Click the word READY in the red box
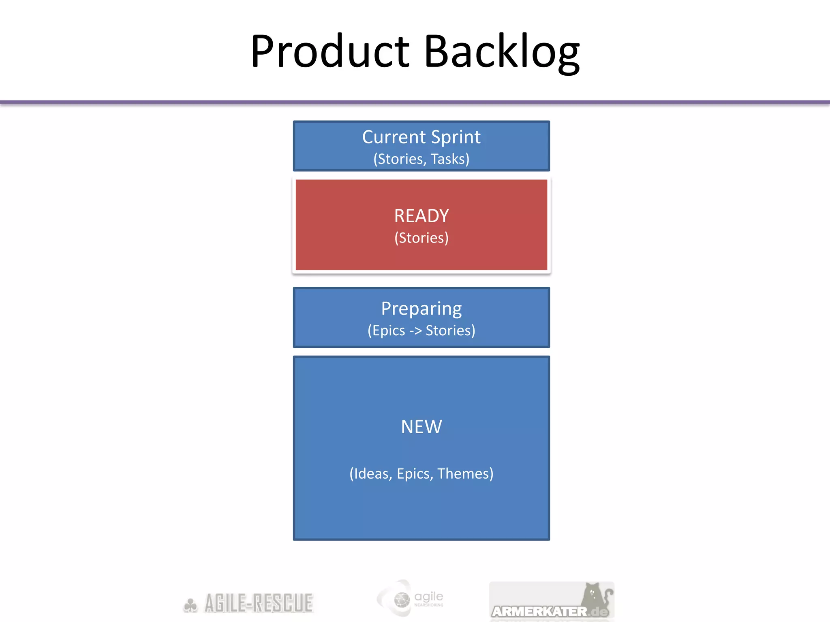(421, 216)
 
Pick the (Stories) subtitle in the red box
(421, 238)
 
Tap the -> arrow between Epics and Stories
(415, 331)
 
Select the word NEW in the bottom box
(421, 427)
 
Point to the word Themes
(465, 473)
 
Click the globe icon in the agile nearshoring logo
(402, 600)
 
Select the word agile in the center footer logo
(429, 596)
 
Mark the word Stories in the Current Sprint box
(400, 159)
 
